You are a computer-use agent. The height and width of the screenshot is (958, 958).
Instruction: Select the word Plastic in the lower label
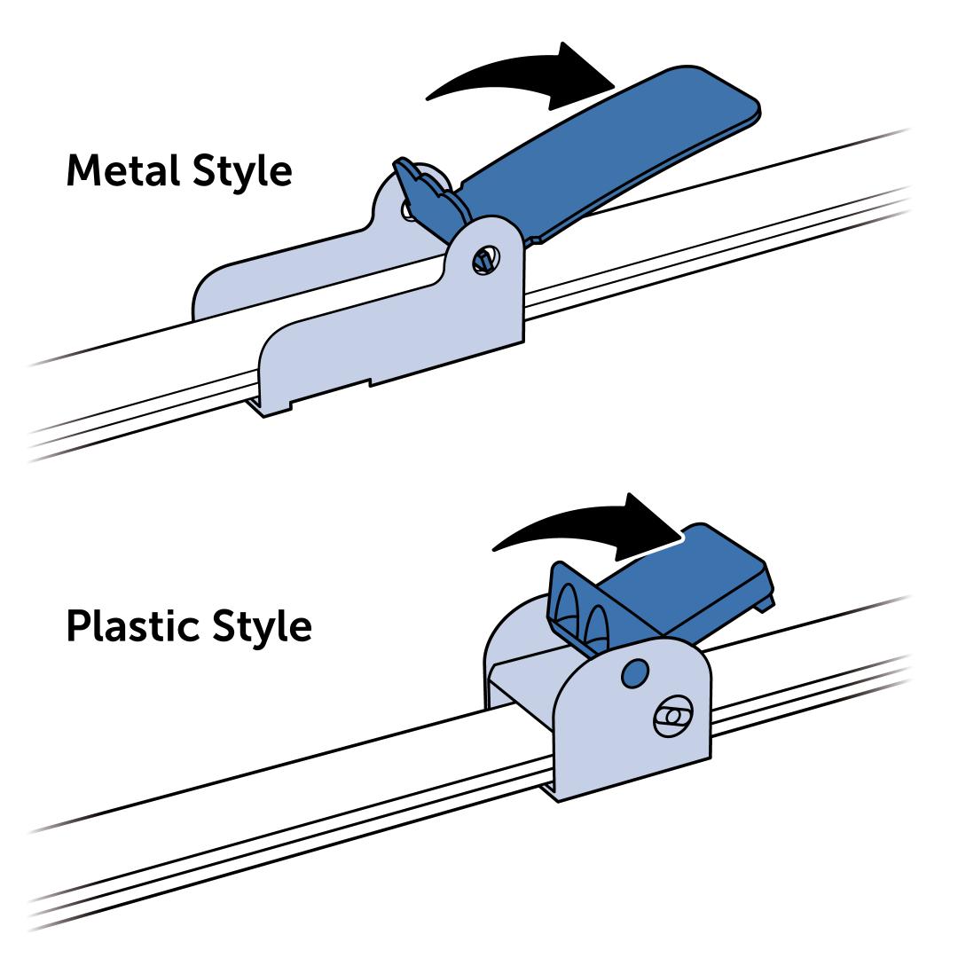(133, 626)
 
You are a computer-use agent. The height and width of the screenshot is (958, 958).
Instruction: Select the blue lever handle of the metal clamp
(612, 151)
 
